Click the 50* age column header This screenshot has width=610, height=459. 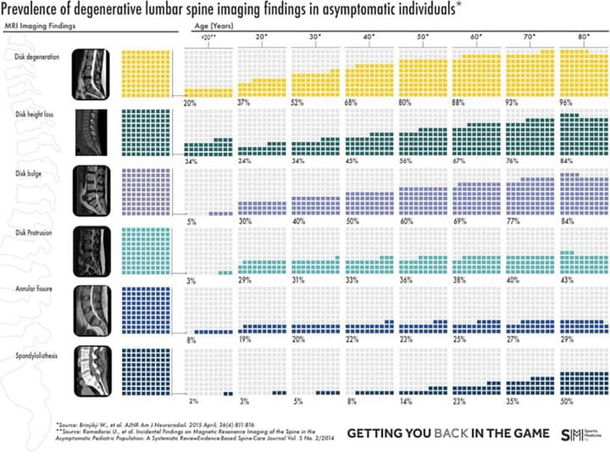422,38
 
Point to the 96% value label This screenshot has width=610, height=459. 567,103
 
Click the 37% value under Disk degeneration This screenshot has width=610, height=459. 245,103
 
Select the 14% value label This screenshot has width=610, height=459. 406,400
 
